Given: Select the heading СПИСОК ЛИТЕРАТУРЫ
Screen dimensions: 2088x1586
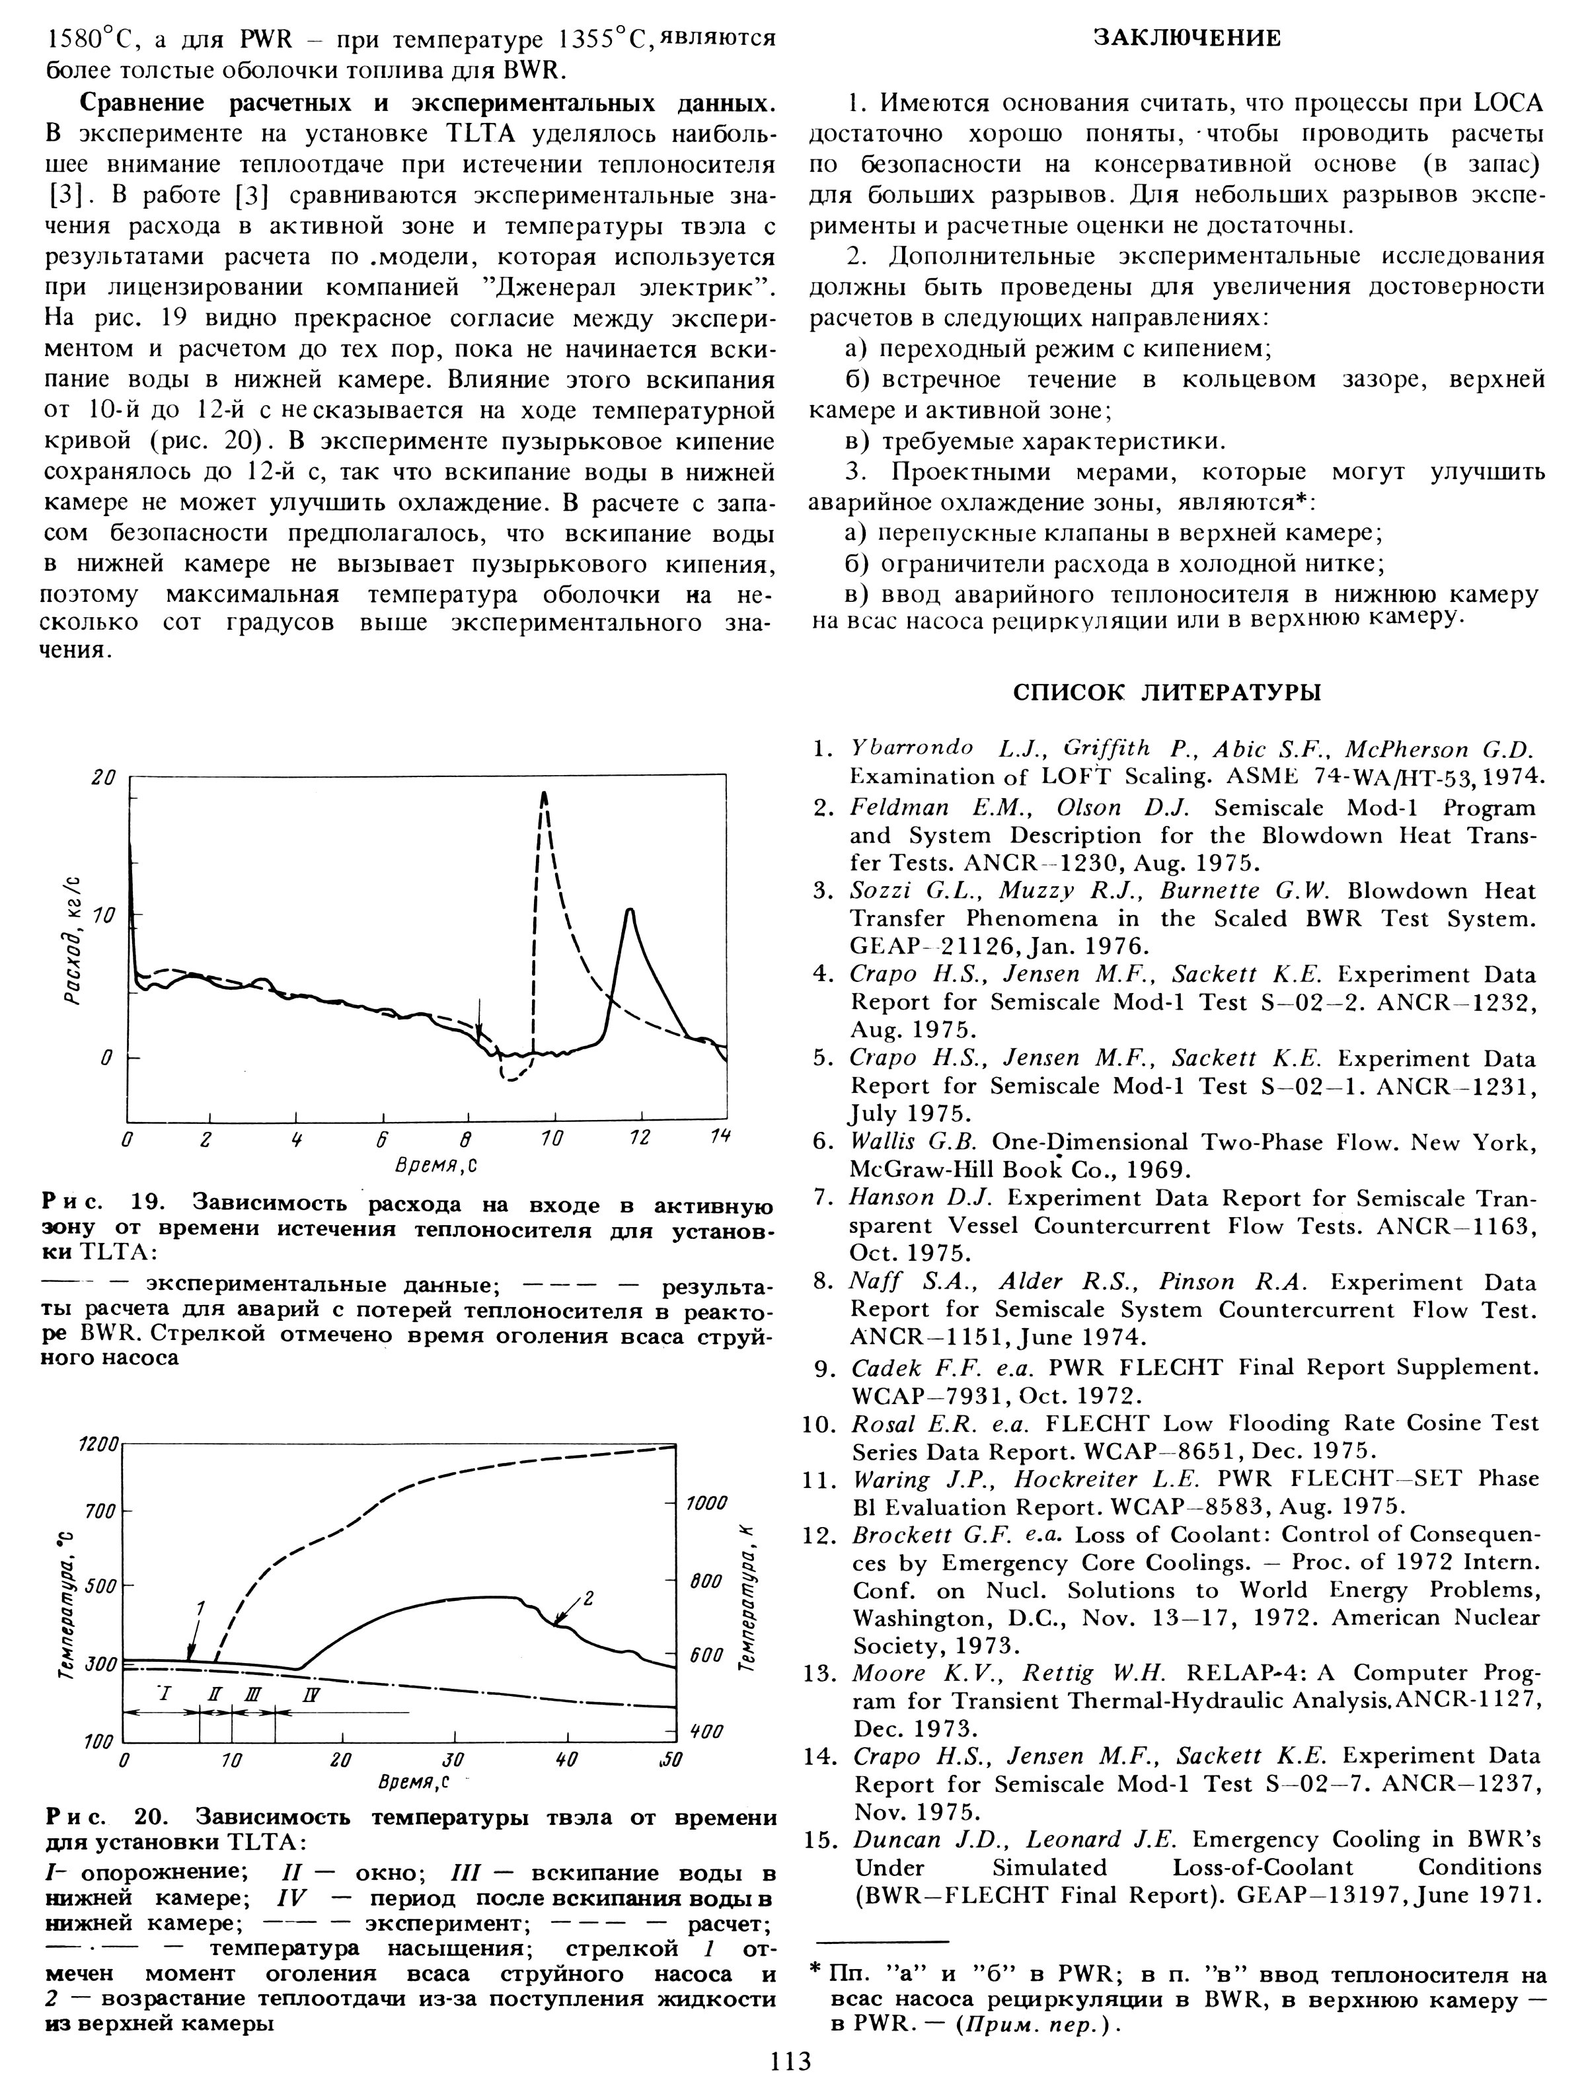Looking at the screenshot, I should coord(1168,692).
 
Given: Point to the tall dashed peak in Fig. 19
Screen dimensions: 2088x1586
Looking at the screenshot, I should coord(544,795).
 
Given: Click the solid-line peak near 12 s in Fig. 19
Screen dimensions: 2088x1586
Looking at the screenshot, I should coord(628,910).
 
